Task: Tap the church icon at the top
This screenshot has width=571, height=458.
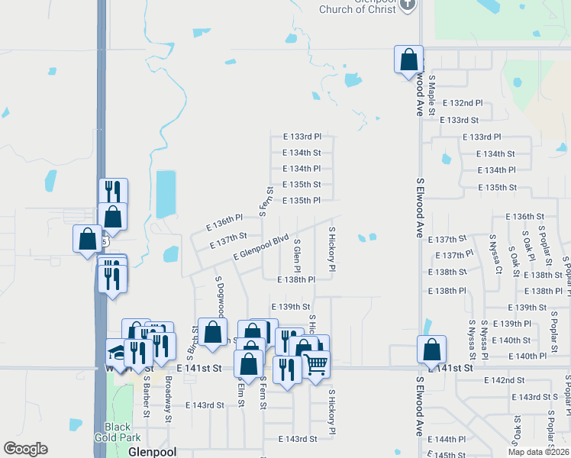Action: pyautogui.click(x=408, y=4)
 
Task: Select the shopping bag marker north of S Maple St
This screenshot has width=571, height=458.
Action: pyautogui.click(x=408, y=60)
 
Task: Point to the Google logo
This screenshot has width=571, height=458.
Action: pyautogui.click(x=26, y=450)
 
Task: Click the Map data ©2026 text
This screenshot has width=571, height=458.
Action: pyautogui.click(x=538, y=451)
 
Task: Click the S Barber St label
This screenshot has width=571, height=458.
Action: pyautogui.click(x=147, y=396)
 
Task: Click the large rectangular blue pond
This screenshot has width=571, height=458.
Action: pyautogui.click(x=164, y=194)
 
